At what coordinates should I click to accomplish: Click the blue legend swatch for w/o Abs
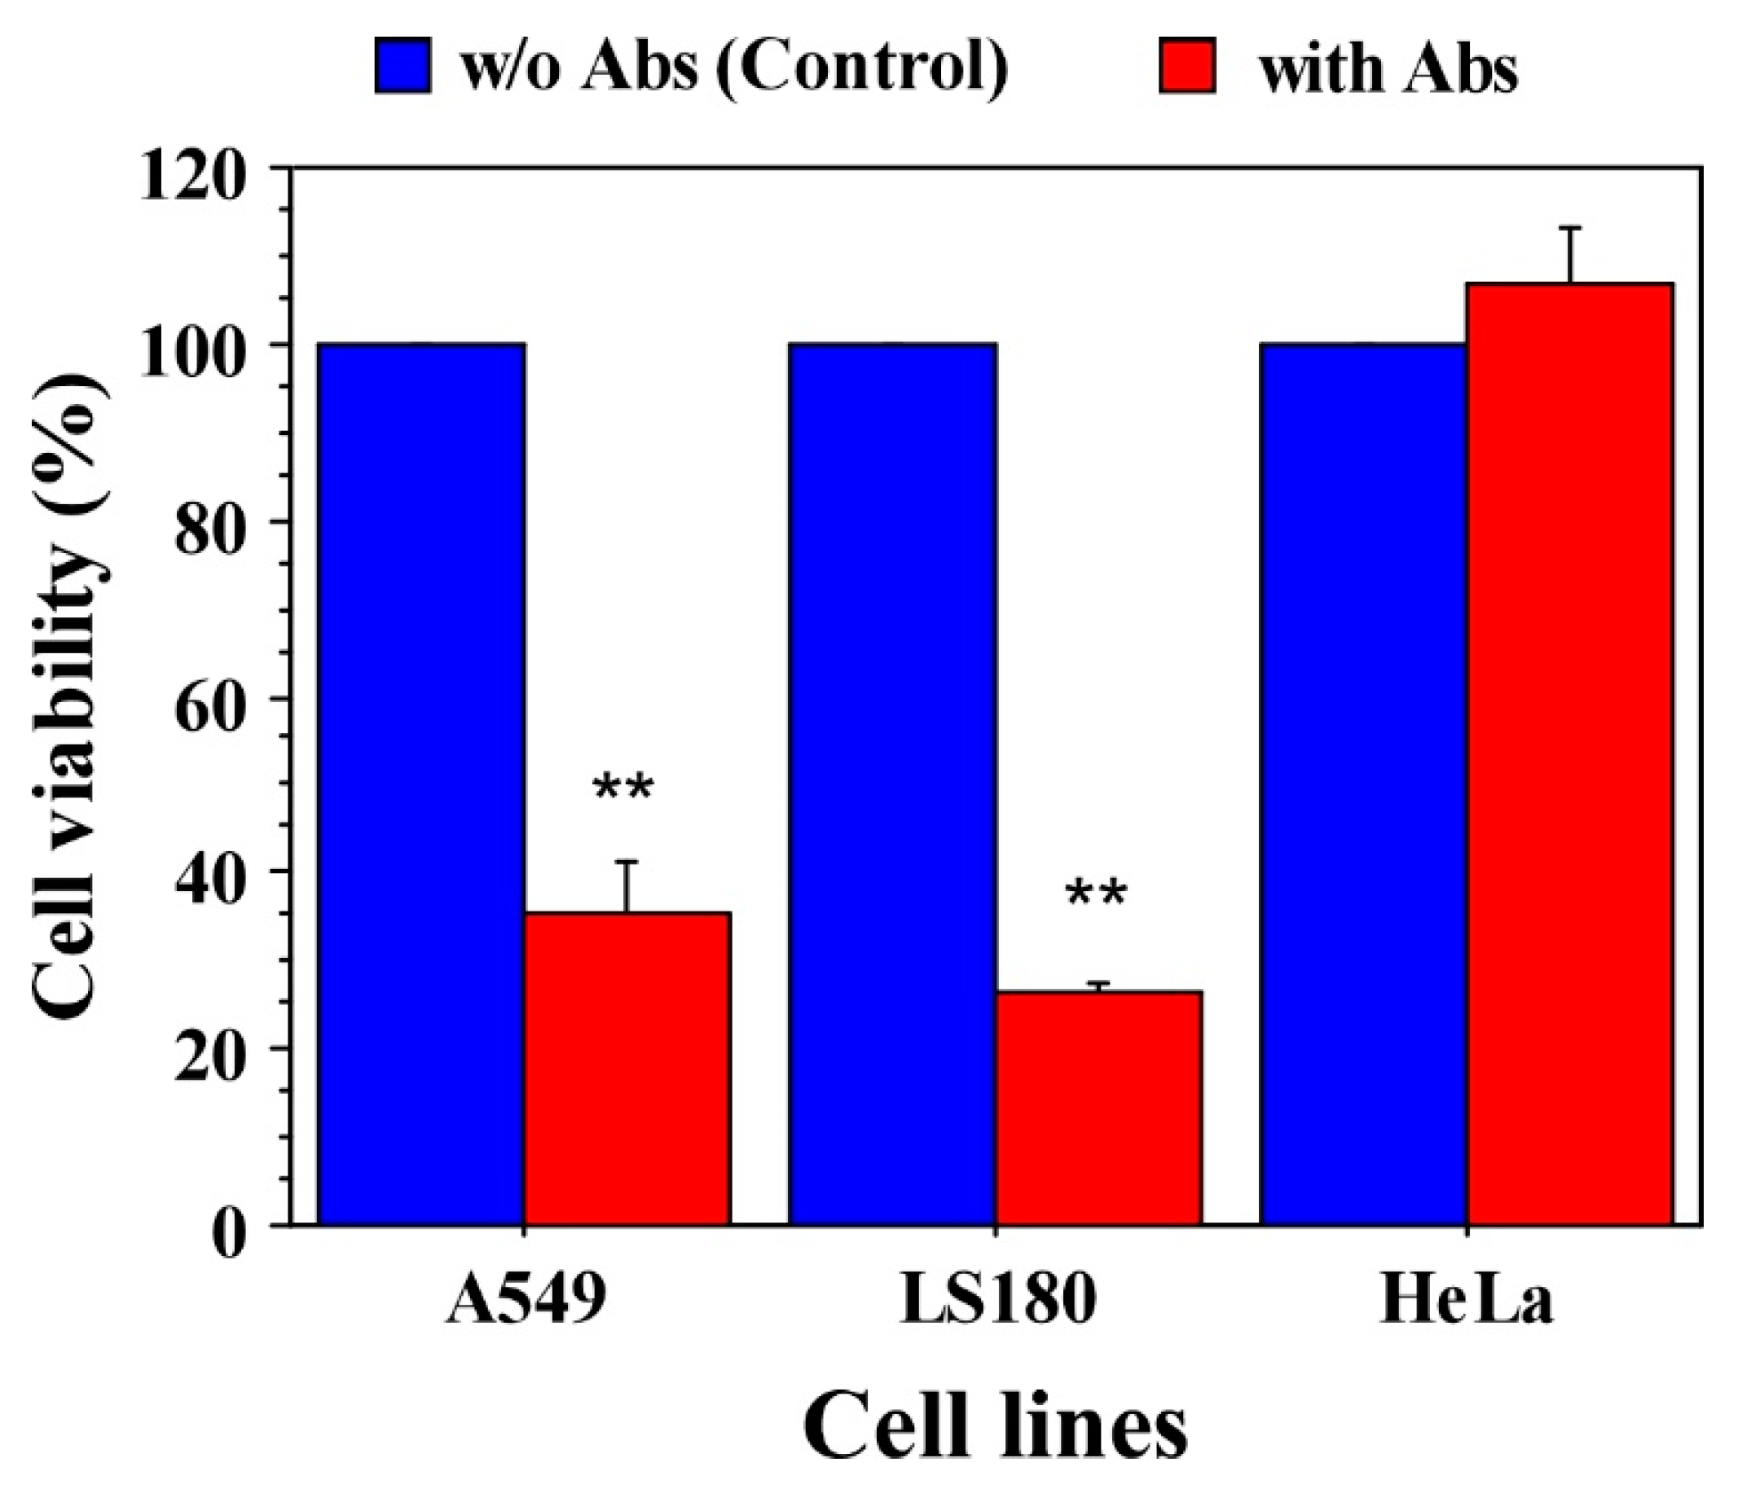coord(403,66)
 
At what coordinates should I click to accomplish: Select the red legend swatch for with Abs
coord(1187,66)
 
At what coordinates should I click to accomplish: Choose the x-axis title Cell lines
coord(996,1430)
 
